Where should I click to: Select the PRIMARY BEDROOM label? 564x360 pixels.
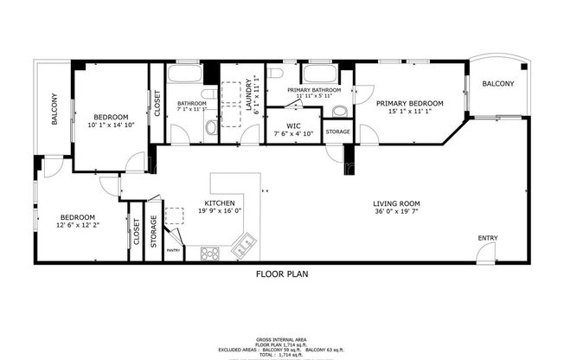tap(409, 103)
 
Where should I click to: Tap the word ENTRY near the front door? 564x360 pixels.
tap(488, 239)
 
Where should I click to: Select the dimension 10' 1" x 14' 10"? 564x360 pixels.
tap(111, 125)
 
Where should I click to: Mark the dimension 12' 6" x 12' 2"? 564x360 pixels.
tap(78, 226)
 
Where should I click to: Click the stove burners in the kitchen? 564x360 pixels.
tap(210, 253)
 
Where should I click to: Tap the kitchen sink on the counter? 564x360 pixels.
tap(245, 247)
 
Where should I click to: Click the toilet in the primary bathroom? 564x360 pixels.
tap(339, 111)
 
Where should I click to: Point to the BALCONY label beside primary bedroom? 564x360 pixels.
tap(497, 84)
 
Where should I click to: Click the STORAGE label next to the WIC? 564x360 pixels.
tap(338, 132)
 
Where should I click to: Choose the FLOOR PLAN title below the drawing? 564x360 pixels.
tap(281, 274)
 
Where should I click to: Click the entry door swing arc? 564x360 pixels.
tap(481, 251)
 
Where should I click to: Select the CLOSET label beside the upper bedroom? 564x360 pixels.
tap(157, 103)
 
